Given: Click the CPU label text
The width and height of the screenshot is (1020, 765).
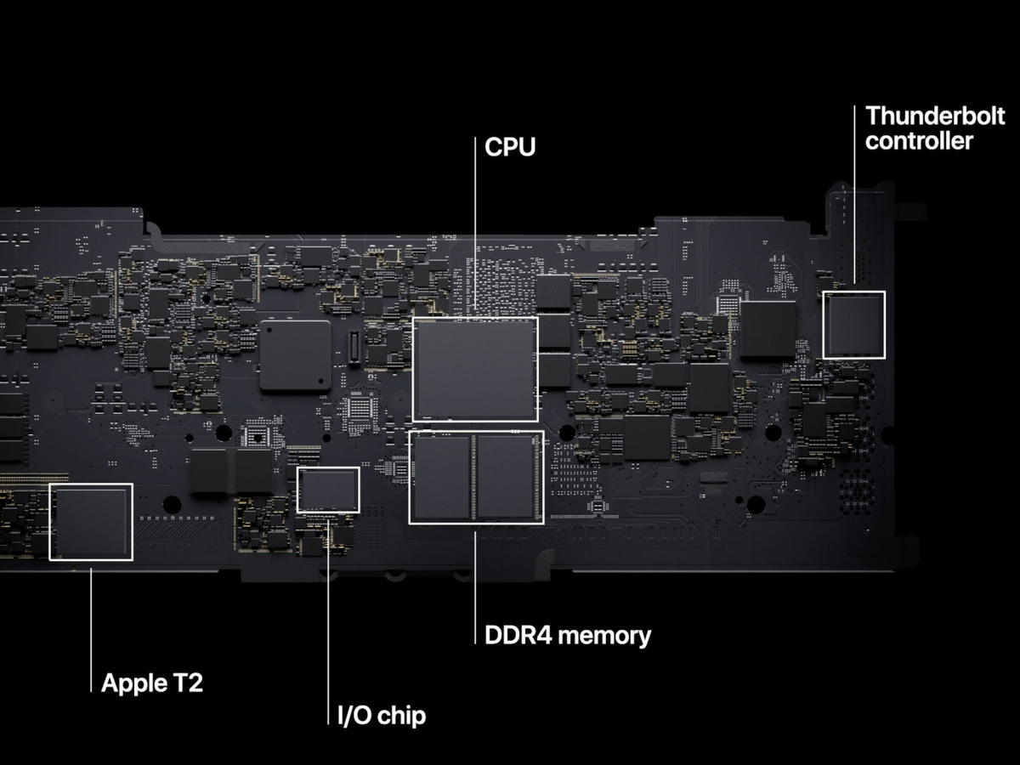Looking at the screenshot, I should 510,147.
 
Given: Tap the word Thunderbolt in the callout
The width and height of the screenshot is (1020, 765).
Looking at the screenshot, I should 922,116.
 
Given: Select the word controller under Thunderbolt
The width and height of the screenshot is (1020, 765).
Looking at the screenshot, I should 919,140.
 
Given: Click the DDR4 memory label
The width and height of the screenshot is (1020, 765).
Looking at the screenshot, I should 567,635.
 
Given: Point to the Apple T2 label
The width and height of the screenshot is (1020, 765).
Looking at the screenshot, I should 152,683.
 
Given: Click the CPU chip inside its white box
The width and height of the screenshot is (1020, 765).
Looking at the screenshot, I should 474,369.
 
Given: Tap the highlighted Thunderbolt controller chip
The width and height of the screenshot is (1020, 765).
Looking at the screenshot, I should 853,324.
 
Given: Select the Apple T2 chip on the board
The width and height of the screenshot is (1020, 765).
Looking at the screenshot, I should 91,522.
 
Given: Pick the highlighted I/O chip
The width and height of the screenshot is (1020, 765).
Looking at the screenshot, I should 328,490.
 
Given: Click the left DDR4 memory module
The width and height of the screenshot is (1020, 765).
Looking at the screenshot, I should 440,477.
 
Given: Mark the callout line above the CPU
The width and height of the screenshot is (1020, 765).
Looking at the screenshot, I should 475,229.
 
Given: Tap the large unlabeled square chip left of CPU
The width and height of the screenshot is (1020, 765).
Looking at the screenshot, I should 295,355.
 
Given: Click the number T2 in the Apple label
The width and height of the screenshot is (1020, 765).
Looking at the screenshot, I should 189,683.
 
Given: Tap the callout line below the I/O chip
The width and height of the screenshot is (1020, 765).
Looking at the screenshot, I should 328,620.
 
